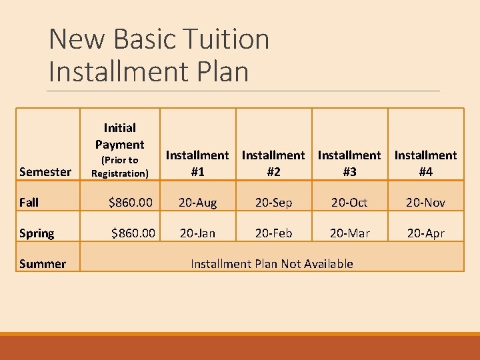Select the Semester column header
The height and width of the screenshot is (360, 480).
[45, 172]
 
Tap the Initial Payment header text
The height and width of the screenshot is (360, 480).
[119, 136]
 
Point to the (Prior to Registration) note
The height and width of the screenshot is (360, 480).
[119, 167]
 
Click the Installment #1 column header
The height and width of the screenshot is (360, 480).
[197, 163]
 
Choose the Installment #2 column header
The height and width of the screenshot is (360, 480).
[273, 163]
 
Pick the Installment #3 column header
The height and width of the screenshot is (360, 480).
[349, 163]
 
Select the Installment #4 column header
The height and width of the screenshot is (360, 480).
[425, 163]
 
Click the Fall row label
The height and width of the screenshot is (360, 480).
[29, 203]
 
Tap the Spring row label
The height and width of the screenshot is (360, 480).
[37, 233]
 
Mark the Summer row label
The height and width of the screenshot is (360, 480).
[43, 264]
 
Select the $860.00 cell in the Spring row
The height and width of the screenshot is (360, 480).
[133, 233]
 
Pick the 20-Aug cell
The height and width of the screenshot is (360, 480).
[197, 203]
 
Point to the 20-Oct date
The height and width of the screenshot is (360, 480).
[349, 203]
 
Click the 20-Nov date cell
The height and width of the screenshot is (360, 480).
[425, 203]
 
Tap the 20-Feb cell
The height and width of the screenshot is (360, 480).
[273, 233]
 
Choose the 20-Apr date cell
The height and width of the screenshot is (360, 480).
[425, 233]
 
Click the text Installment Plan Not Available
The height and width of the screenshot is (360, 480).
[272, 264]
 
